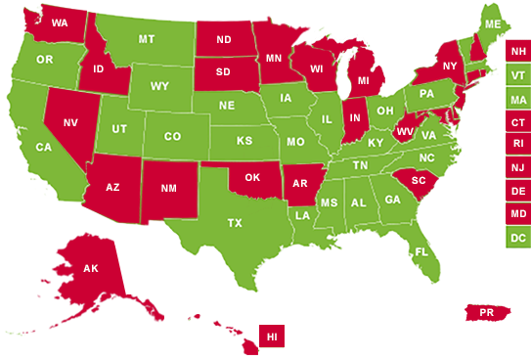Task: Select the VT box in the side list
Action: tap(516, 74)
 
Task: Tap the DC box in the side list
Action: tap(516, 237)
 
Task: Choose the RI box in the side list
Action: tap(516, 144)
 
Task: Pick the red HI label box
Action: tap(273, 336)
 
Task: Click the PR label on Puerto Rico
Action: tap(486, 313)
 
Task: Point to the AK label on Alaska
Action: tap(90, 268)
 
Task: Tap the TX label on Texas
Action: tap(235, 223)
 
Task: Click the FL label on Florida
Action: tap(421, 251)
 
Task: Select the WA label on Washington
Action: tap(60, 22)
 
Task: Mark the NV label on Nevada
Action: tap(71, 124)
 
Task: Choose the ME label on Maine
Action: tap(493, 23)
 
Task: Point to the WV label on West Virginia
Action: tap(406, 131)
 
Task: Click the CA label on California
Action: tap(44, 147)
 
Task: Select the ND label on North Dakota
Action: tap(224, 41)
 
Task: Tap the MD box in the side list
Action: tap(516, 213)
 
